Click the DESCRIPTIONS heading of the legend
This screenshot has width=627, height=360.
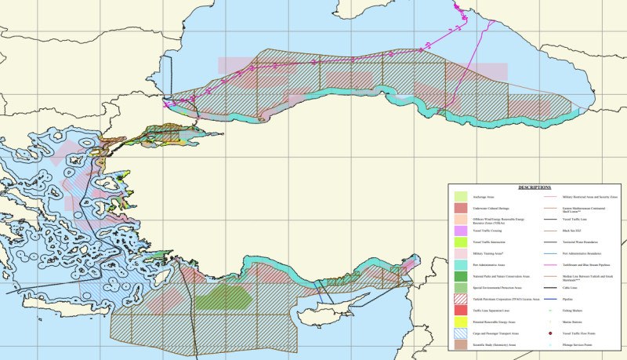click(535, 188)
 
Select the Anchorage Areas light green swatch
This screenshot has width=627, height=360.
click(461, 196)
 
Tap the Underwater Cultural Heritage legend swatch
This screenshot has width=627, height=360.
click(461, 208)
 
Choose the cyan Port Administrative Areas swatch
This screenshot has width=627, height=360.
click(461, 265)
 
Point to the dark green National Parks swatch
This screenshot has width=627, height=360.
click(461, 277)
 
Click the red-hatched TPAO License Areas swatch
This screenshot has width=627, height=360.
click(461, 300)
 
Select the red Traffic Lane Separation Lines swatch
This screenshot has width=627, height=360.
click(461, 311)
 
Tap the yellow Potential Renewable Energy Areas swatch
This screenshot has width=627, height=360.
click(461, 322)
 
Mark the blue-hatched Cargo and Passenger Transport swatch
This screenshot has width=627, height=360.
click(461, 333)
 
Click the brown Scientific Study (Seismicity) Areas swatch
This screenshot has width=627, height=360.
click(461, 345)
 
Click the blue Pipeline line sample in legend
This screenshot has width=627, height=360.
click(549, 300)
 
